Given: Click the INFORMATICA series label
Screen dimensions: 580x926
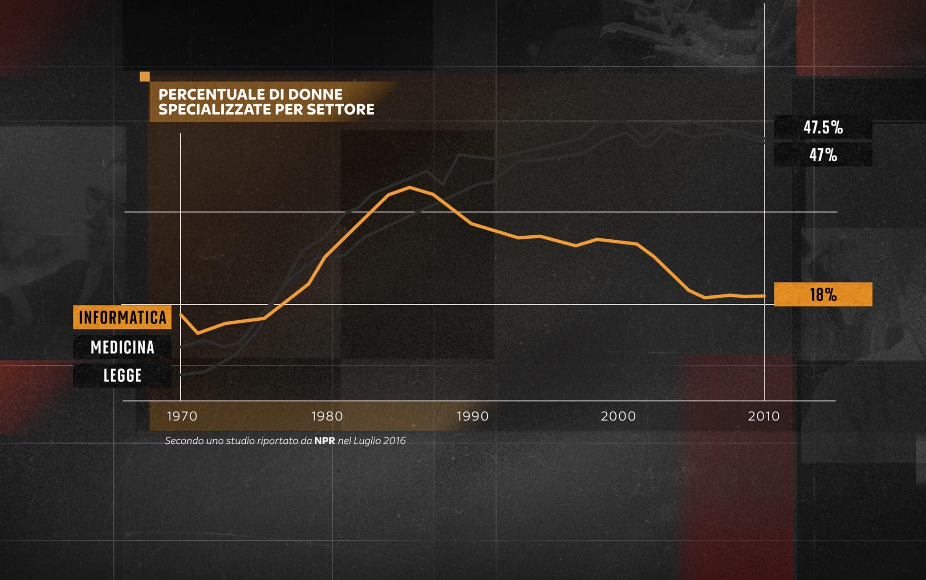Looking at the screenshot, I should [x=122, y=317].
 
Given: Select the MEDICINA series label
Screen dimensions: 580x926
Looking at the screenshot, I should [x=122, y=347].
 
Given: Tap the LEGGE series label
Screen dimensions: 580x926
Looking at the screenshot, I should [x=122, y=376].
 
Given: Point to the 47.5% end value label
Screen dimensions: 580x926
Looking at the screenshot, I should [x=823, y=127].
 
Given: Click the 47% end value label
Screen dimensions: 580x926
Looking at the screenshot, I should [x=823, y=155].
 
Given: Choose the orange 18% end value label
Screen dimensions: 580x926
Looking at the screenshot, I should [x=823, y=294].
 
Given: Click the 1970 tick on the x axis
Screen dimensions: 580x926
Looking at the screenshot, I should [x=182, y=416].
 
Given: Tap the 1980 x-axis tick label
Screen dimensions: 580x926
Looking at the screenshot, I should [x=327, y=416].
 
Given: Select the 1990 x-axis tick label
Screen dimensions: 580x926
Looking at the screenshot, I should [x=472, y=416].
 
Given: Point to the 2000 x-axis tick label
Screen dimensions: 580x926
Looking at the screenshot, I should [x=618, y=416].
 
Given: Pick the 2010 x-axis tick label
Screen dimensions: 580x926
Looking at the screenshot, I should [x=764, y=416].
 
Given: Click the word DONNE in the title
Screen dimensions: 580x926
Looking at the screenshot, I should [x=315, y=94].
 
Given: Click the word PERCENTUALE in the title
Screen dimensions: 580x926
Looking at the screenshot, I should [x=212, y=94].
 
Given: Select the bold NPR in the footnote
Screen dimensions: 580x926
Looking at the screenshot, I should [x=325, y=441].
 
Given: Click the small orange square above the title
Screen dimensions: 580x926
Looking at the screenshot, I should [x=145, y=77].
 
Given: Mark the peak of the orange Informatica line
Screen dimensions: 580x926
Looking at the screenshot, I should [x=410, y=188].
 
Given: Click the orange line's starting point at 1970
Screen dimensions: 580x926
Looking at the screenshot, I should [x=181, y=315].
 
